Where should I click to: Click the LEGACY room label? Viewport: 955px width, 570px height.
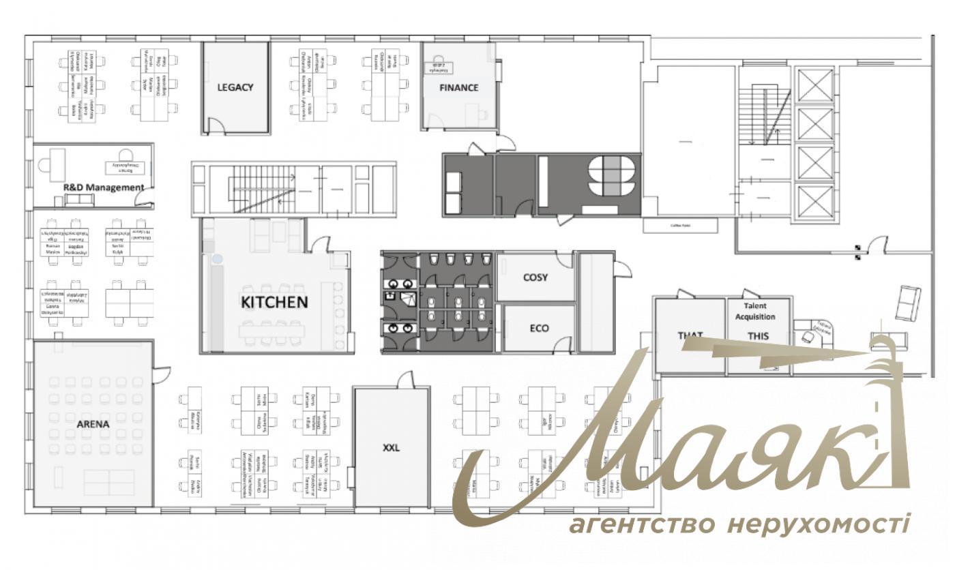pyautogui.click(x=235, y=87)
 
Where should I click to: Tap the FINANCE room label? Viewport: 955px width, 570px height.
pyautogui.click(x=458, y=87)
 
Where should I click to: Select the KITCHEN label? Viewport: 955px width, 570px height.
pyautogui.click(x=274, y=301)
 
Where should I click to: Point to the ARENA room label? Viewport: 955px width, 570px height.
pyautogui.click(x=93, y=423)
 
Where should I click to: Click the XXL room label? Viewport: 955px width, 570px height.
pyautogui.click(x=391, y=448)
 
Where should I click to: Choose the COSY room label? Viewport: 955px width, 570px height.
pyautogui.click(x=535, y=277)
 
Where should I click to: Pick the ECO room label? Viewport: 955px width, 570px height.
pyautogui.click(x=539, y=328)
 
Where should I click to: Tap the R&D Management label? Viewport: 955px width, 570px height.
pyautogui.click(x=103, y=187)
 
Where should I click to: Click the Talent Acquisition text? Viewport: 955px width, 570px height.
pyautogui.click(x=759, y=312)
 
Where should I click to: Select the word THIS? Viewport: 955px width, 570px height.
pyautogui.click(x=758, y=335)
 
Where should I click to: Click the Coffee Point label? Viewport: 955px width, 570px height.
pyautogui.click(x=680, y=224)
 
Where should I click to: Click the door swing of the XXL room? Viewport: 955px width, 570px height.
pyautogui.click(x=407, y=380)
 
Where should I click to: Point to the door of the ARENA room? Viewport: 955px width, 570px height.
pyautogui.click(x=162, y=374)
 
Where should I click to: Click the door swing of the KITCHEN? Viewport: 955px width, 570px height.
pyautogui.click(x=321, y=244)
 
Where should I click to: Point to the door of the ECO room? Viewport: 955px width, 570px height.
pyautogui.click(x=561, y=345)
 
